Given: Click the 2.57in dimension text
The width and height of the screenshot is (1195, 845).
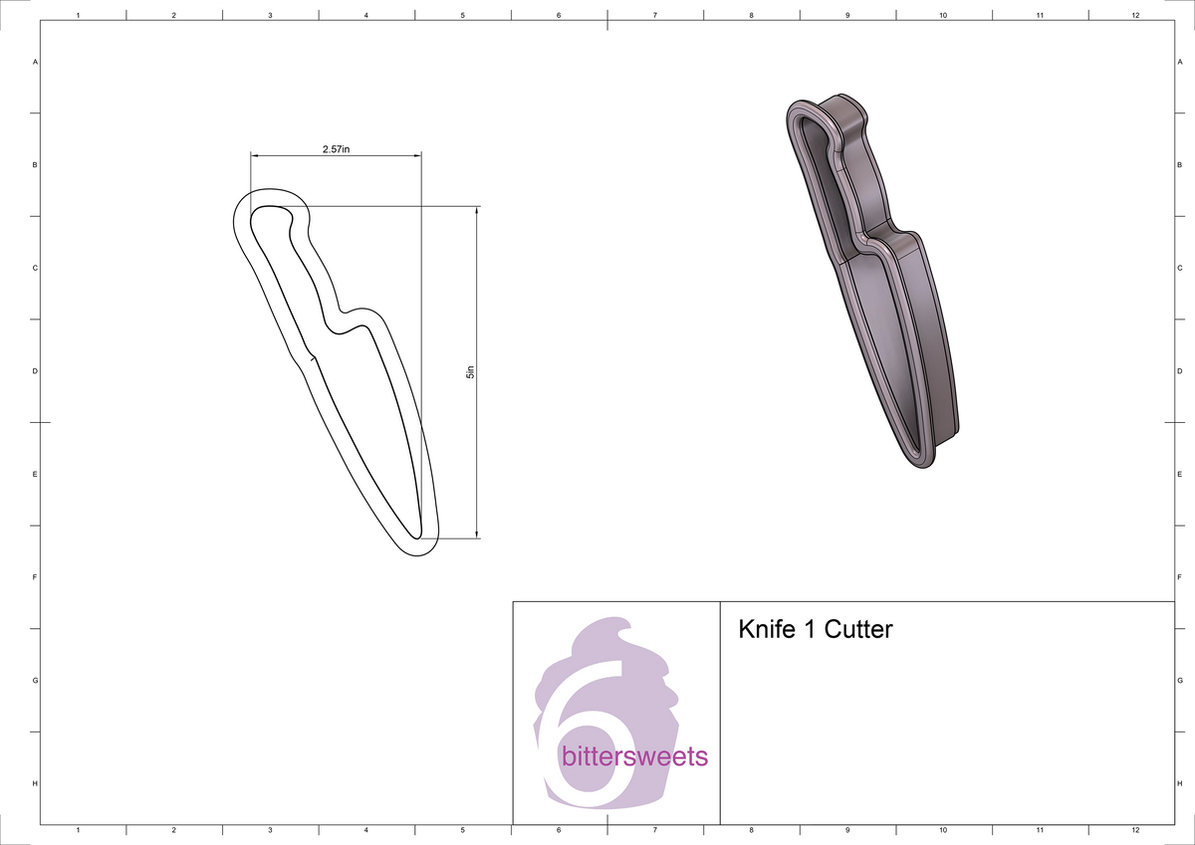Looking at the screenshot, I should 336,148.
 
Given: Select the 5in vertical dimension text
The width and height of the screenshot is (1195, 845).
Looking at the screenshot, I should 471,372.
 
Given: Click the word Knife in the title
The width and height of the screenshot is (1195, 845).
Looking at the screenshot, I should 764,630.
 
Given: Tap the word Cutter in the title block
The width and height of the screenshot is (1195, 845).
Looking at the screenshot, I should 858,630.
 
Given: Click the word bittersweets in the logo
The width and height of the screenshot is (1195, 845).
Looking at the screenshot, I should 635,756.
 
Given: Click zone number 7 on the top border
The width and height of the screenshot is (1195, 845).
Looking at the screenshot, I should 654,16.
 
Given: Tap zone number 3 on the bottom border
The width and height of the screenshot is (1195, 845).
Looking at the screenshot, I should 270,829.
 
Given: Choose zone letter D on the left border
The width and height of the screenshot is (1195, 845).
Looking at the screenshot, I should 35,371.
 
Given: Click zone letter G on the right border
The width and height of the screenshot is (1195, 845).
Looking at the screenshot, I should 1178,681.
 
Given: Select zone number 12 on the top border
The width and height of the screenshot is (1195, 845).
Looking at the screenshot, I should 1135,16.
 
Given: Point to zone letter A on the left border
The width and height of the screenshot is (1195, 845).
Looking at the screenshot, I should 35,62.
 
